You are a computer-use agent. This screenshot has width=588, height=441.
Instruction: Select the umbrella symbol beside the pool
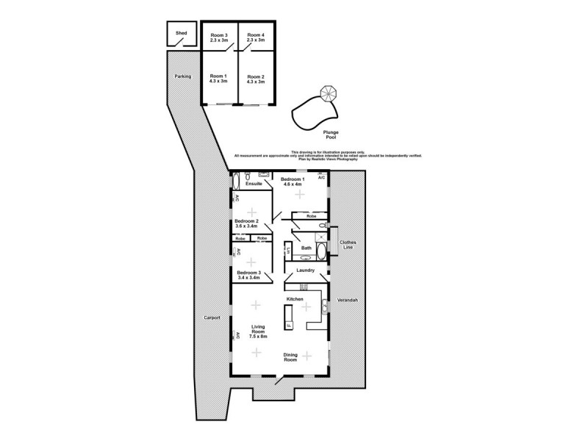coord(327,94)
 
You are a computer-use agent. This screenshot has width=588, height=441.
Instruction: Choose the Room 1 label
coord(219,79)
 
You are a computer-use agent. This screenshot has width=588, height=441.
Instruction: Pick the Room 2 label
coord(255,79)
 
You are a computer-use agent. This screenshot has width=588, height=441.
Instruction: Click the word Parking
coord(183,76)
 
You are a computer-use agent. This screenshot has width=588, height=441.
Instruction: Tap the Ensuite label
coord(244,184)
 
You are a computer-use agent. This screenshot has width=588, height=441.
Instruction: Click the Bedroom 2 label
coord(247,223)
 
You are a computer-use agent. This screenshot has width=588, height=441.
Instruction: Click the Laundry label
coord(306,270)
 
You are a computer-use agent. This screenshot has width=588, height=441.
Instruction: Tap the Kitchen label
coord(295,299)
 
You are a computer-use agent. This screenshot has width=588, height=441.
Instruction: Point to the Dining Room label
coord(290,357)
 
